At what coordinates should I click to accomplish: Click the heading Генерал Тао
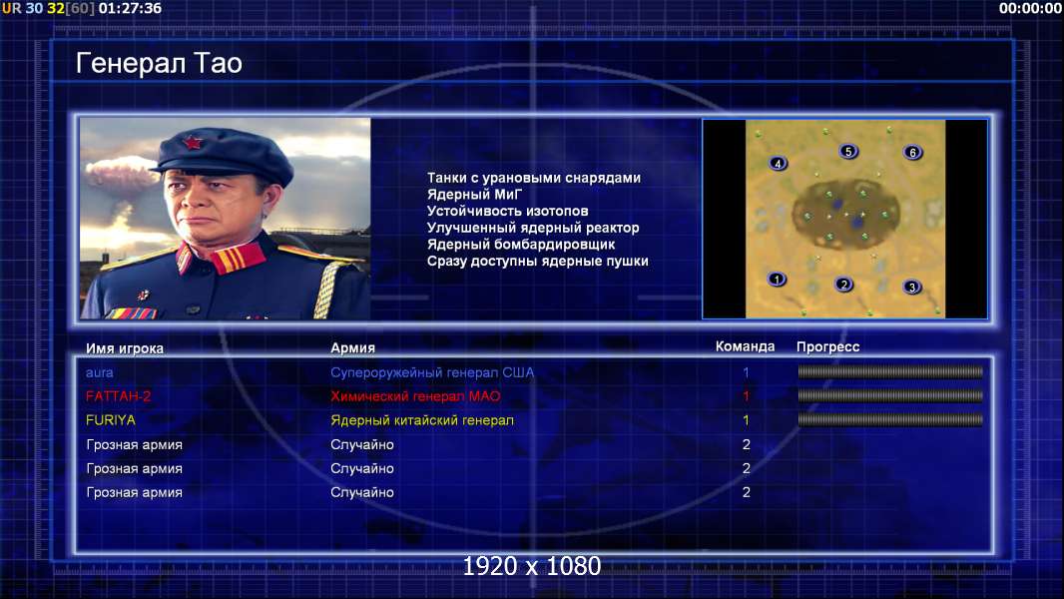coord(159,63)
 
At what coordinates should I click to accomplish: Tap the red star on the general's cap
coord(193,143)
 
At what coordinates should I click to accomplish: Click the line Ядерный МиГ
coord(474,195)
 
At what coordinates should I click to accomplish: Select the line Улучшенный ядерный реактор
coord(533,228)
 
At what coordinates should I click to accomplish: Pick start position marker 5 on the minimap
coord(848,152)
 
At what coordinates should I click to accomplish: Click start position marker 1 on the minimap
coord(777,279)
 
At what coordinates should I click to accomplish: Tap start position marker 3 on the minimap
coord(912,287)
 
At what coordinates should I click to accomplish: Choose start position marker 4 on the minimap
coord(778,163)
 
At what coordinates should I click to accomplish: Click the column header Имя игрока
coord(124,348)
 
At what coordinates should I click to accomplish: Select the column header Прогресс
coord(827,347)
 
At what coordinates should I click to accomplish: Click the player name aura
coord(99,372)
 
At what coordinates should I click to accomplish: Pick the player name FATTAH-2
coord(118,396)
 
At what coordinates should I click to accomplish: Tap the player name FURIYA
coord(111,420)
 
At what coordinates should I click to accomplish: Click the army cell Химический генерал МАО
coord(415,396)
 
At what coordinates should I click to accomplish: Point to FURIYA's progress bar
coord(890,420)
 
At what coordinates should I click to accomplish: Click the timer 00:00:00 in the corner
coord(1030,8)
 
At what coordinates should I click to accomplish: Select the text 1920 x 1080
coord(532,566)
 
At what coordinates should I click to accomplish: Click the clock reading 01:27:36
coord(131,8)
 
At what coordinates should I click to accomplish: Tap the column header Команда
coord(745,346)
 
